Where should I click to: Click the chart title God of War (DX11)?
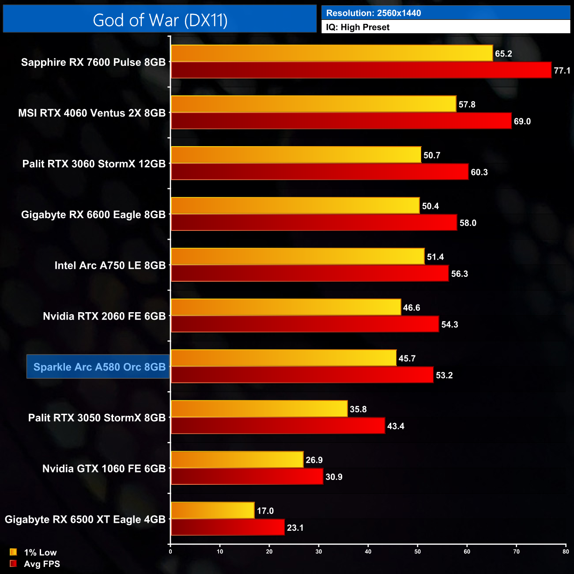point(160,20)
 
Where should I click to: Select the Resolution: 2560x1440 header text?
point(374,13)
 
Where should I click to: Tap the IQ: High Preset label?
point(358,27)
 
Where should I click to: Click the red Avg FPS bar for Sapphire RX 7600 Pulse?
point(361,70)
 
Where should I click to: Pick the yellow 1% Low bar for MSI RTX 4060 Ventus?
point(313,104)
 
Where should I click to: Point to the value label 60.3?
point(479,172)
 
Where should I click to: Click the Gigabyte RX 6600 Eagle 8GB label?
point(93,215)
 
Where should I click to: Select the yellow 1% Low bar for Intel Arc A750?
point(297,257)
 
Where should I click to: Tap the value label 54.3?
point(449,325)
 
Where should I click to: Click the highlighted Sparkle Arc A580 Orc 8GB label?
point(99,367)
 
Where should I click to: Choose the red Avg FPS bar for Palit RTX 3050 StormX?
point(278,426)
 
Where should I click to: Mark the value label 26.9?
point(314,460)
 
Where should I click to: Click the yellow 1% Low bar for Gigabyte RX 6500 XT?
point(212,510)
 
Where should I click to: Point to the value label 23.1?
point(295,528)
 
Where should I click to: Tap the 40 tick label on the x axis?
point(368,551)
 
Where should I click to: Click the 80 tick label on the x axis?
point(566,551)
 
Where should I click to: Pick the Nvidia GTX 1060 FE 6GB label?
point(104,468)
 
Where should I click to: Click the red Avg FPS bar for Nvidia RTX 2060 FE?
point(305,324)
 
